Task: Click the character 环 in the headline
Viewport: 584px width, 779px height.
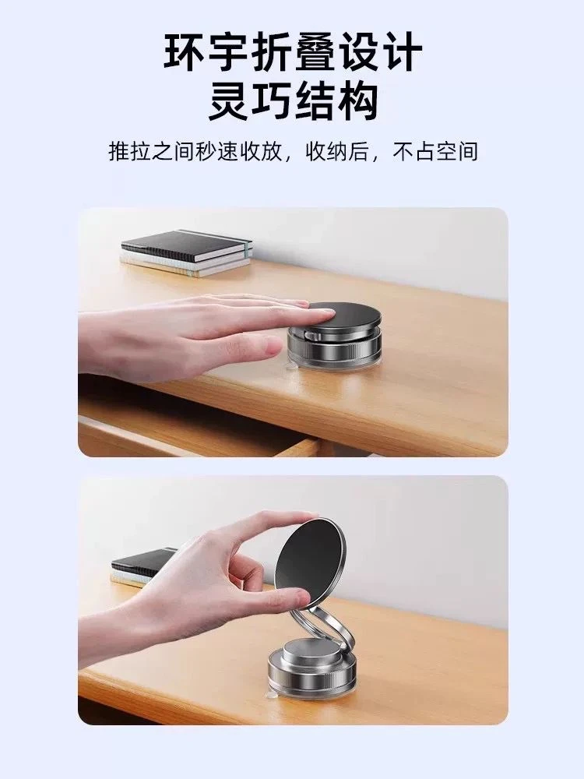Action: point(185,52)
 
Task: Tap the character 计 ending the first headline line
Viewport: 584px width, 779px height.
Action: point(401,52)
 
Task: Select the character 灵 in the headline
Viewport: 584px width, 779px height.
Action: point(227,100)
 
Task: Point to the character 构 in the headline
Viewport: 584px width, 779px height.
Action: point(358,100)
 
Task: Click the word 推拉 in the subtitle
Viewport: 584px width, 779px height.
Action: point(129,152)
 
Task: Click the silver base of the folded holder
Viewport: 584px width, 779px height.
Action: point(335,347)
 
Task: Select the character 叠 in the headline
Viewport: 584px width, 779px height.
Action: point(315,52)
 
